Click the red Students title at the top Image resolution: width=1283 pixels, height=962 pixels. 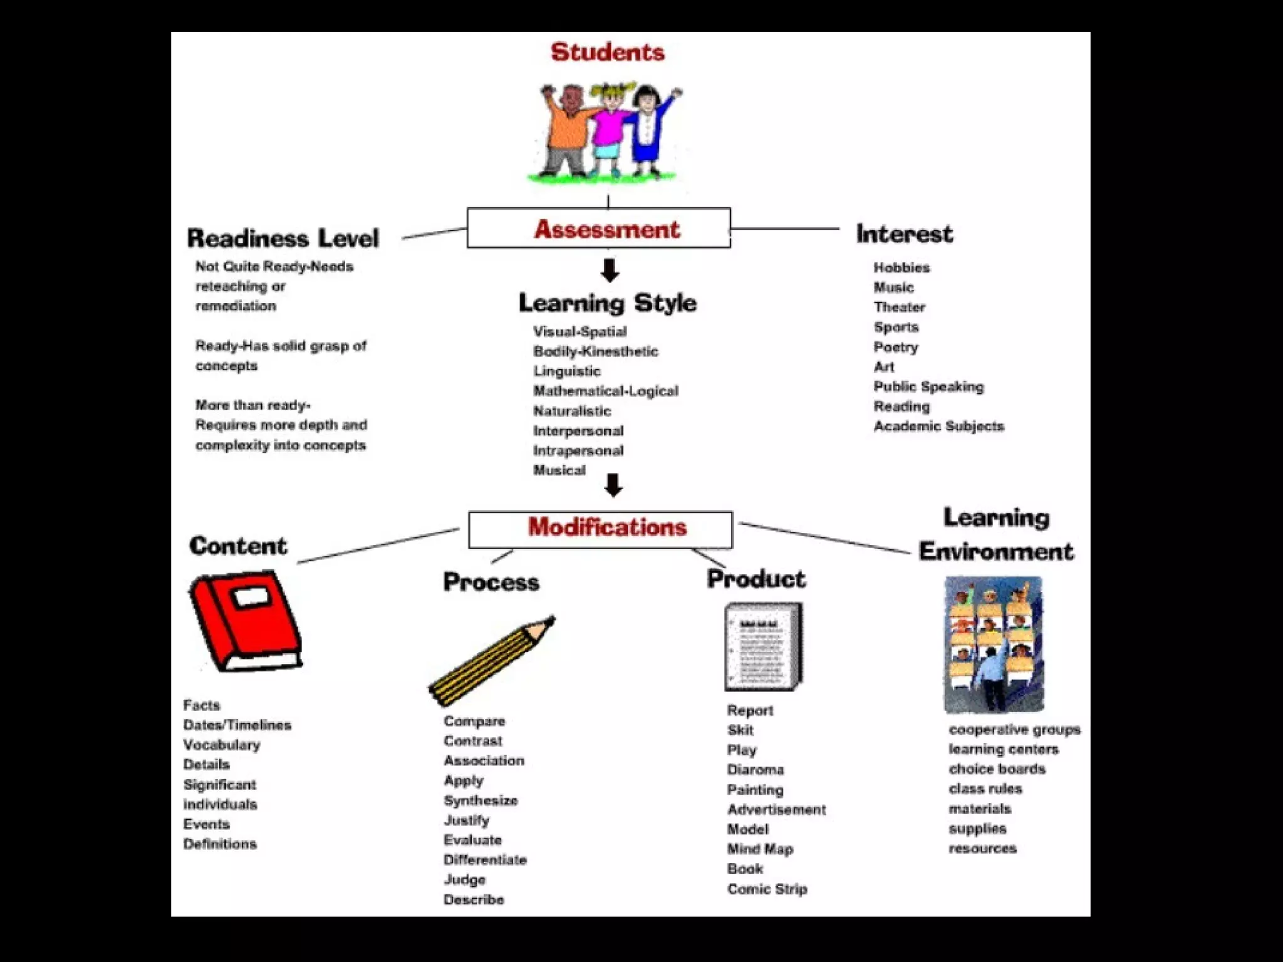[x=607, y=52]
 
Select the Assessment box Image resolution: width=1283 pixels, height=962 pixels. [x=599, y=229]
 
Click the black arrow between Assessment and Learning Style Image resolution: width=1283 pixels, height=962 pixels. [x=610, y=271]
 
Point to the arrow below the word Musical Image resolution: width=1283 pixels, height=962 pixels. [x=613, y=485]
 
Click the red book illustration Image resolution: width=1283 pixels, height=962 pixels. [x=246, y=621]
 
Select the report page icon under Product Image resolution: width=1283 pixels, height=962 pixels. [x=763, y=646]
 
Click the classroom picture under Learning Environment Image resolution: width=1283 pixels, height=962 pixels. [x=994, y=644]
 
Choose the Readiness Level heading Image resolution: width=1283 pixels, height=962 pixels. [x=283, y=239]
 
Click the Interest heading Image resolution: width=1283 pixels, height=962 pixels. [x=904, y=234]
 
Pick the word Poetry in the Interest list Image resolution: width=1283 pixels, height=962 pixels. [x=896, y=347]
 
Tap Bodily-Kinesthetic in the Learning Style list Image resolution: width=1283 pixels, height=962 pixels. [x=595, y=351]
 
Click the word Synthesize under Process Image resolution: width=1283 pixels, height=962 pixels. [x=480, y=800]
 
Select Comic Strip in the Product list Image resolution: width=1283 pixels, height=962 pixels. [x=767, y=889]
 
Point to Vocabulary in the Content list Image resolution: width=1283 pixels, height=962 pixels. [x=222, y=745]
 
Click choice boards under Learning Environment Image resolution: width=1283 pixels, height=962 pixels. [x=997, y=768]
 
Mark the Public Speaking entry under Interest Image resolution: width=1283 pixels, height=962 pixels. [x=928, y=386]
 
